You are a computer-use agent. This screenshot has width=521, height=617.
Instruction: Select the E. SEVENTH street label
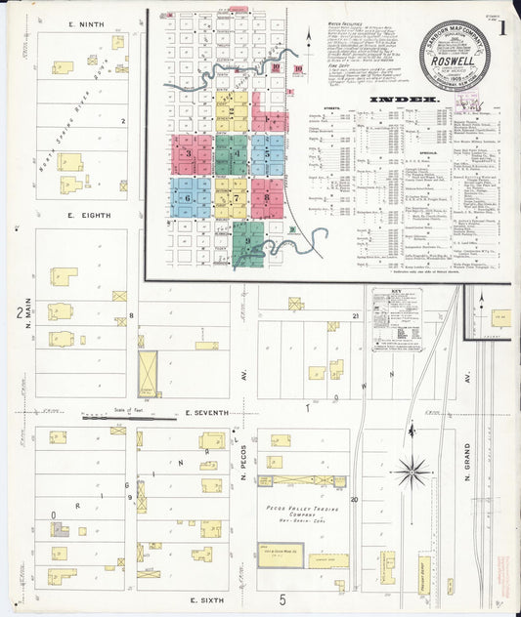click(205, 413)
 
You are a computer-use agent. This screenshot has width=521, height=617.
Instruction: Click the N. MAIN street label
click(27, 321)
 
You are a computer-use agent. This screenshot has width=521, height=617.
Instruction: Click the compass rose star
click(413, 473)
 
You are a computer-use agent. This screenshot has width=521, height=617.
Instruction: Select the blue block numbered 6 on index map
click(190, 196)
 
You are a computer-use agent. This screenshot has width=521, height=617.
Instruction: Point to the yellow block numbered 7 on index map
click(233, 196)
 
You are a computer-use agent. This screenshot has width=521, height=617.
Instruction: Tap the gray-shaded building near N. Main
click(61, 529)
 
